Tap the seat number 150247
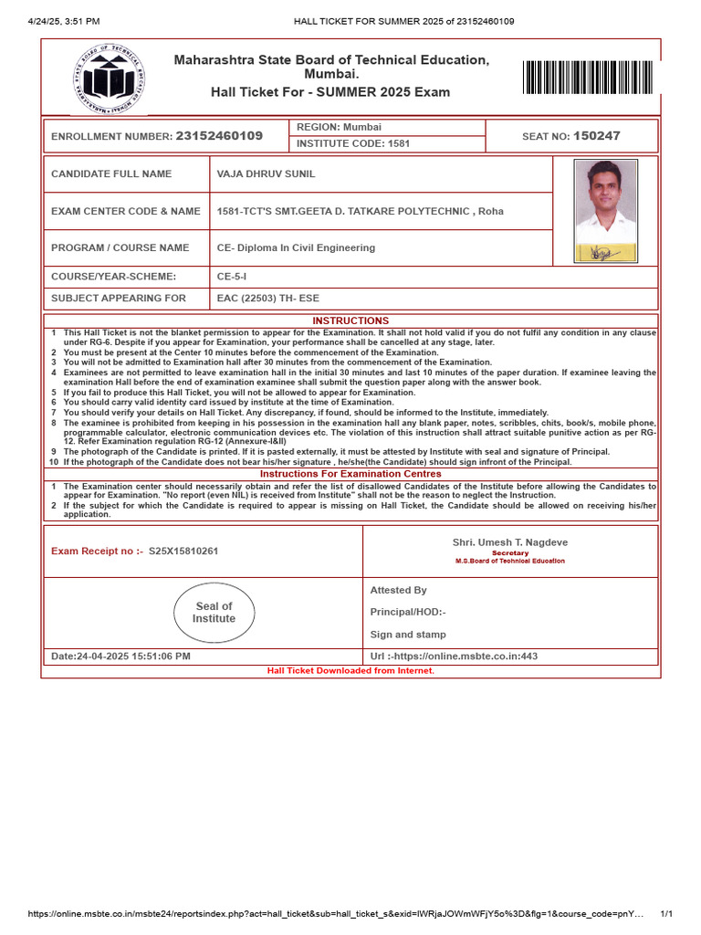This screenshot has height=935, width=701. pyautogui.click(x=596, y=136)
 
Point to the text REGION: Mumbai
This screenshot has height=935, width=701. pyautogui.click(x=338, y=127)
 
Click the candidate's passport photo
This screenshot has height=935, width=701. pyautogui.click(x=605, y=211)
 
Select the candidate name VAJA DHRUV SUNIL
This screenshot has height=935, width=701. pyautogui.click(x=266, y=173)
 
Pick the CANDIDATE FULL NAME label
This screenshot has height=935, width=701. pyautogui.click(x=111, y=173)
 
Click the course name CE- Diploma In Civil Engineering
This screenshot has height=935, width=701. pyautogui.click(x=296, y=247)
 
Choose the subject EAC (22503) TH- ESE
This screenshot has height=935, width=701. pyautogui.click(x=268, y=299)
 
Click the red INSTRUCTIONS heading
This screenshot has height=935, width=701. pyautogui.click(x=350, y=320)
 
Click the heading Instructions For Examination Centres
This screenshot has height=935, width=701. pyautogui.click(x=350, y=474)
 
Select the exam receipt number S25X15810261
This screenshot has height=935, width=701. pyautogui.click(x=183, y=552)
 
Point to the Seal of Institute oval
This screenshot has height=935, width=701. pyautogui.click(x=214, y=613)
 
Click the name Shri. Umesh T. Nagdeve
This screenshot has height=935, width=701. pyautogui.click(x=510, y=542)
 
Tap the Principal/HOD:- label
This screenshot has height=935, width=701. pyautogui.click(x=408, y=612)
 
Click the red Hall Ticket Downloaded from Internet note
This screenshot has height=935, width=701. pyautogui.click(x=350, y=670)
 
